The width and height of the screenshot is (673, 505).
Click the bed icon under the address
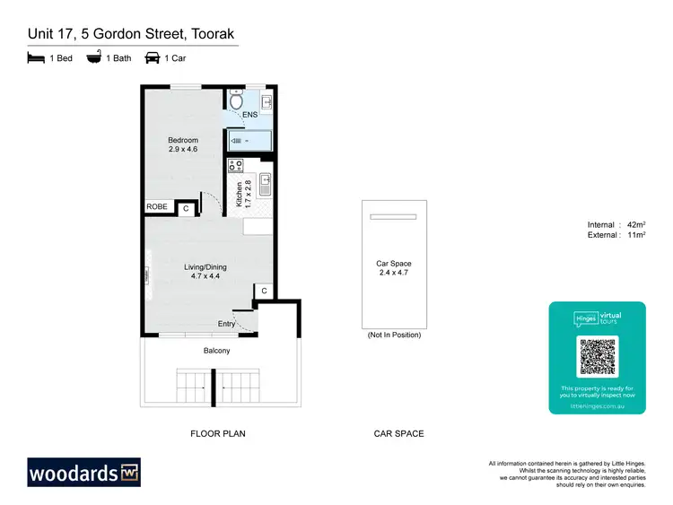tap(35, 58)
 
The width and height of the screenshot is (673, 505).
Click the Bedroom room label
tap(183, 141)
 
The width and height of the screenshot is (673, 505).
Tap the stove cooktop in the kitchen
tap(237, 165)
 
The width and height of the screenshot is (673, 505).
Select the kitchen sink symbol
tap(266, 185)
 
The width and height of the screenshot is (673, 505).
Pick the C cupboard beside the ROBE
tap(186, 208)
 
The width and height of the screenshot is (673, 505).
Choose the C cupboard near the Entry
tap(265, 291)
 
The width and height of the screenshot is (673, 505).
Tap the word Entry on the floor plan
tap(228, 324)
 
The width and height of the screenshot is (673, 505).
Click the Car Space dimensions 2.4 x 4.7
tap(393, 274)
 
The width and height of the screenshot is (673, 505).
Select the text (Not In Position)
tap(393, 335)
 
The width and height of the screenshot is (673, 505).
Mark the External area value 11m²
tap(635, 235)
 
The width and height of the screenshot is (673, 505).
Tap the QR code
tap(597, 357)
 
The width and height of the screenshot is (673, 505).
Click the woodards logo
tap(84, 472)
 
